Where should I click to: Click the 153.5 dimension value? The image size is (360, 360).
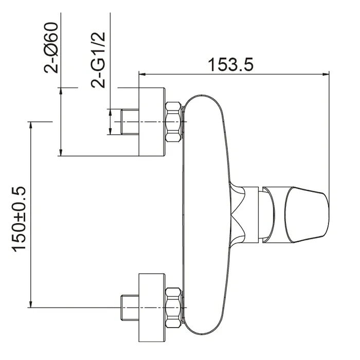[x=230, y=64]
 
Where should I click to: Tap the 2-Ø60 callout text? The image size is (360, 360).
[x=51, y=48]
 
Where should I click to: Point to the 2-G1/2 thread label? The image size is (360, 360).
[x=98, y=60]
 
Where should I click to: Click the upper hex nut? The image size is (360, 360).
[x=173, y=122]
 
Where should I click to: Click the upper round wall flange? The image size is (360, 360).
[x=152, y=122]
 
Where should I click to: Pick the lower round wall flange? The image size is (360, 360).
[x=152, y=308]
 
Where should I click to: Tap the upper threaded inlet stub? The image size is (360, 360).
[x=130, y=122]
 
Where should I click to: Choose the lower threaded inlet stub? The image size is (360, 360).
[x=130, y=308]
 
